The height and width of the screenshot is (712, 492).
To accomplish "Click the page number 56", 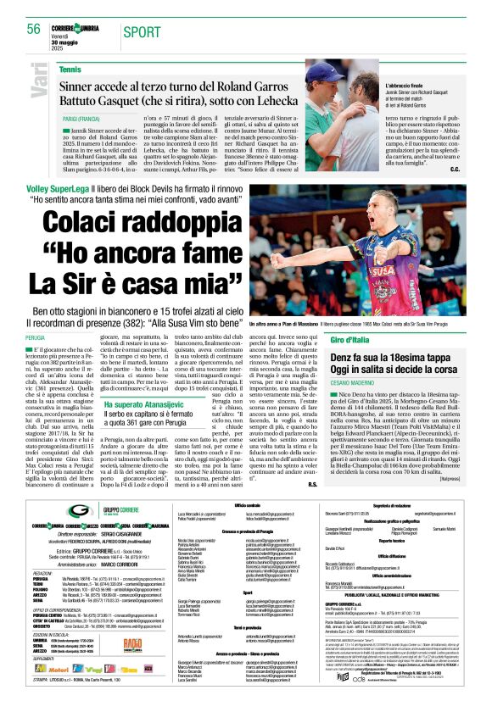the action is [x=33, y=29].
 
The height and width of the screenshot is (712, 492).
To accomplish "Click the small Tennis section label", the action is [x=71, y=69].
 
